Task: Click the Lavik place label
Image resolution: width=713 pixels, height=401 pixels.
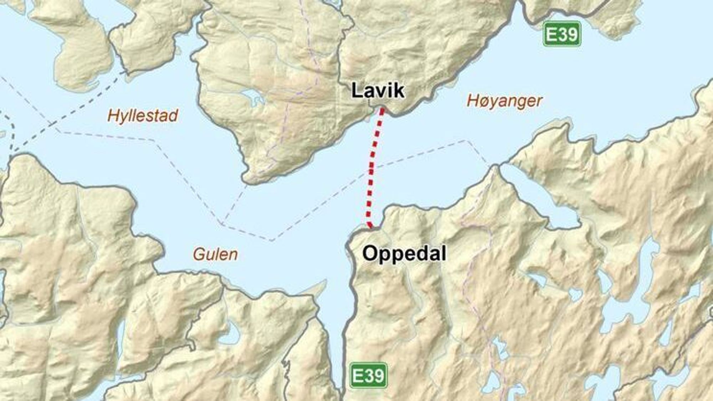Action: (378, 91)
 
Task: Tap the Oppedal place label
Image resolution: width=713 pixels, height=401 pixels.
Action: (404, 254)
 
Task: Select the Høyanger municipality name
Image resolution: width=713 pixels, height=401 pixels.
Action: (504, 101)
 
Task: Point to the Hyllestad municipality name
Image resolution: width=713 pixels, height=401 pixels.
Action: (143, 116)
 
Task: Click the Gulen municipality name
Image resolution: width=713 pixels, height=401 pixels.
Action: (215, 255)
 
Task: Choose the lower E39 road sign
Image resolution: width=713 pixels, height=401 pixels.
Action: (368, 375)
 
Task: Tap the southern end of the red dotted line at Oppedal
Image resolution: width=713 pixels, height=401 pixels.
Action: (371, 227)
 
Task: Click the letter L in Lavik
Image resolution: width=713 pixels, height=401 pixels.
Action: (356, 91)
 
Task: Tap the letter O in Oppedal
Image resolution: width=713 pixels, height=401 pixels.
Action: (370, 254)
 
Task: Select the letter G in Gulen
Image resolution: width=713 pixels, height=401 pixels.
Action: (199, 255)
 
